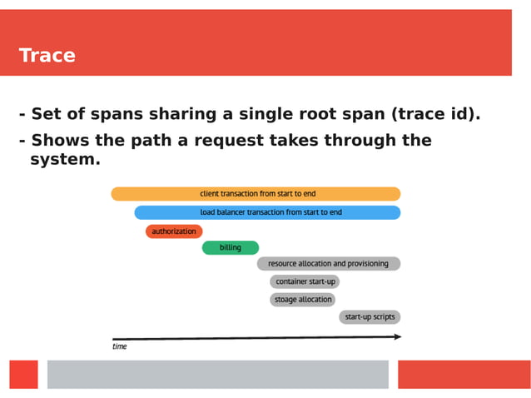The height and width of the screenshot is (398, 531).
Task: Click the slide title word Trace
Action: pyautogui.click(x=47, y=56)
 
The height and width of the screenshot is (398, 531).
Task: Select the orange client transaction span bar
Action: pyautogui.click(x=256, y=193)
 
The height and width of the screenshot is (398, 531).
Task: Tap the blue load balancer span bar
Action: pyautogui.click(x=267, y=212)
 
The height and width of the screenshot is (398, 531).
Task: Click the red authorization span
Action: pyautogui.click(x=174, y=231)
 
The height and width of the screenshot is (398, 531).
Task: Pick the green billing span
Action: pyautogui.click(x=230, y=247)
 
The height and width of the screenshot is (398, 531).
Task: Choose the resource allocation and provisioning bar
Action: pyautogui.click(x=328, y=263)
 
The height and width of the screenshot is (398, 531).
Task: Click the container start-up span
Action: pyautogui.click(x=305, y=281)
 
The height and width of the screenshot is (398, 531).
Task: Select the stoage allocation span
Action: pyautogui.click(x=302, y=299)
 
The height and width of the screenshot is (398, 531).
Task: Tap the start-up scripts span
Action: pyautogui.click(x=370, y=316)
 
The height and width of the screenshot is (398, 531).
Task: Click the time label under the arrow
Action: pyautogui.click(x=120, y=346)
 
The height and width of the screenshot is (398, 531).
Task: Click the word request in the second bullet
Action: pyautogui.click(x=231, y=140)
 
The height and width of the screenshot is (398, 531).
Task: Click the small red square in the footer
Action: pyautogui.click(x=24, y=374)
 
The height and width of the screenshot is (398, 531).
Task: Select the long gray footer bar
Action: pyautogui.click(x=217, y=374)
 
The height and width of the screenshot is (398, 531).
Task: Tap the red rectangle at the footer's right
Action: pyautogui.click(x=464, y=374)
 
